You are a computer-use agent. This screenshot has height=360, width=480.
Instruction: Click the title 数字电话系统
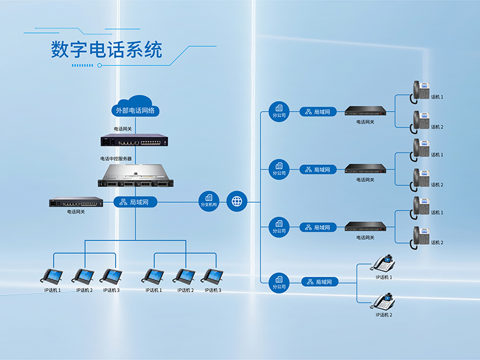(107, 50)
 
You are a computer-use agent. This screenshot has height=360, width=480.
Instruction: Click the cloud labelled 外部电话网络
(136, 106)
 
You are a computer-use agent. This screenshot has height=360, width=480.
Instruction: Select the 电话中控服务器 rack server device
(136, 175)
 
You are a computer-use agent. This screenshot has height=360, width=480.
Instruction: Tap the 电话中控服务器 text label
(116, 158)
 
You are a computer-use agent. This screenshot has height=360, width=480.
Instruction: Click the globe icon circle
(236, 202)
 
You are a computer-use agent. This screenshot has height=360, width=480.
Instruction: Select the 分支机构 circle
(209, 202)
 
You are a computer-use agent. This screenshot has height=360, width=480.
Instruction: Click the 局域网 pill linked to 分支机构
(136, 202)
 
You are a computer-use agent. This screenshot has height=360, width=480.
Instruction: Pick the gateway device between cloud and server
(134, 140)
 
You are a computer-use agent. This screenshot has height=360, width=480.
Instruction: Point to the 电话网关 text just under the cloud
(123, 129)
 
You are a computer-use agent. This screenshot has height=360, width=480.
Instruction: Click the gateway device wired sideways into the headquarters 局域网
(76, 202)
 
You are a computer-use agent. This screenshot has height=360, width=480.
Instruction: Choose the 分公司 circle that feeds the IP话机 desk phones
(279, 283)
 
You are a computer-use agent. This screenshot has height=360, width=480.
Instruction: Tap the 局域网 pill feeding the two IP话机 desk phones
(320, 281)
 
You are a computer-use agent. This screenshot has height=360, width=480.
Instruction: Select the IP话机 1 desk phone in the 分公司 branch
(383, 263)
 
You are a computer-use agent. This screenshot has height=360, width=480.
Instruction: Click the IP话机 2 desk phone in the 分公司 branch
(383, 301)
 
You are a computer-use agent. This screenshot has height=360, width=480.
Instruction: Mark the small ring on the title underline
(100, 65)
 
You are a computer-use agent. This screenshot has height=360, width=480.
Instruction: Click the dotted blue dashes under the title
(82, 65)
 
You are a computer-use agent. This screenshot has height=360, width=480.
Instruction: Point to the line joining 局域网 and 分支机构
(178, 202)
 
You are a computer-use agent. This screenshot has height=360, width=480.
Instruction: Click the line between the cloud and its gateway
(136, 125)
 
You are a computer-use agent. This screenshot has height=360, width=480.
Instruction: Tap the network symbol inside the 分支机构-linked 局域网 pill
(123, 202)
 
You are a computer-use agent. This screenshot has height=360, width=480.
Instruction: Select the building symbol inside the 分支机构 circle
(209, 198)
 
